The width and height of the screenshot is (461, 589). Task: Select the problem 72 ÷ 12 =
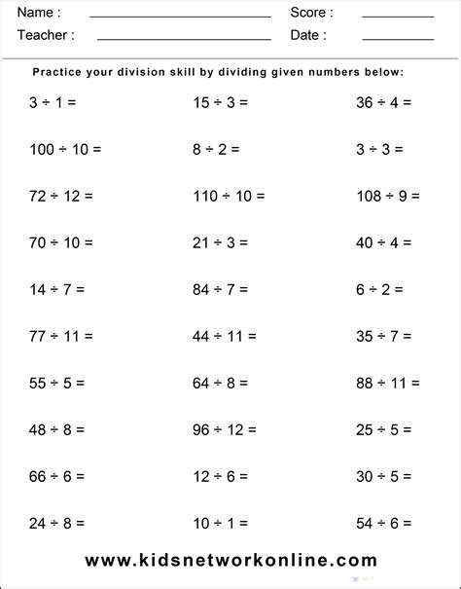(x=61, y=196)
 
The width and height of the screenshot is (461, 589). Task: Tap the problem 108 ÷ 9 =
(x=388, y=196)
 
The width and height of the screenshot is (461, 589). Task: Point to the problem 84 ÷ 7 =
(x=221, y=289)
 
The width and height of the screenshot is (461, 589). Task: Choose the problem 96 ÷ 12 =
(x=225, y=429)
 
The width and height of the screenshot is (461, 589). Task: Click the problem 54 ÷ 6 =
(x=384, y=523)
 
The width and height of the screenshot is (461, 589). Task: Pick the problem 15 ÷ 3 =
(x=221, y=102)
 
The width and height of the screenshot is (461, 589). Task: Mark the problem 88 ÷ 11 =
(x=388, y=383)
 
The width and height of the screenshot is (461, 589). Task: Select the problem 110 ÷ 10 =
(x=229, y=196)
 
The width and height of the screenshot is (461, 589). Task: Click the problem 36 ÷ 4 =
(x=384, y=102)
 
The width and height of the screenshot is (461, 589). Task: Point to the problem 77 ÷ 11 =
(x=61, y=336)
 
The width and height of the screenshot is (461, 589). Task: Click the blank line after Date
(x=398, y=39)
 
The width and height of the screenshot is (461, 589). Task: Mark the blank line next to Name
(x=180, y=17)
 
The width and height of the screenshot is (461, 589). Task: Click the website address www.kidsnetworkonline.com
(x=230, y=560)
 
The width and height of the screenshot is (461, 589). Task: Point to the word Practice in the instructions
(x=60, y=72)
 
